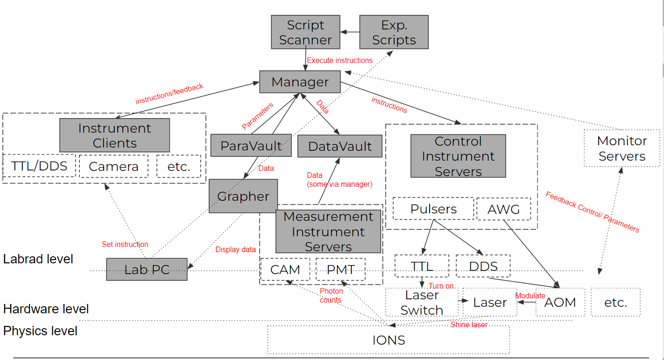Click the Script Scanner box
coord(305,32)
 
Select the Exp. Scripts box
coord(394,32)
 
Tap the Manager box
coord(300,82)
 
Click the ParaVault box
coord(251,146)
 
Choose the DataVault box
coord(339,146)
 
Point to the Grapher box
coord(243,196)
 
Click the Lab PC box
coord(147,269)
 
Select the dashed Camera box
coord(113,166)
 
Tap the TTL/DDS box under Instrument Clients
coord(39,166)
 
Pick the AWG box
coord(503,209)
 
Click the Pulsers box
coord(433,209)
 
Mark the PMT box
coord(340,269)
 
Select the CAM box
coord(285,269)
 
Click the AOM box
coord(560,302)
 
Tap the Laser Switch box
coord(421,302)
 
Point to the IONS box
coord(389,340)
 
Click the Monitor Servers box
coord(622,148)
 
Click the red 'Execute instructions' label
coord(339,60)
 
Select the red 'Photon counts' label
coord(331,296)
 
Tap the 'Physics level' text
coord(40,331)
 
